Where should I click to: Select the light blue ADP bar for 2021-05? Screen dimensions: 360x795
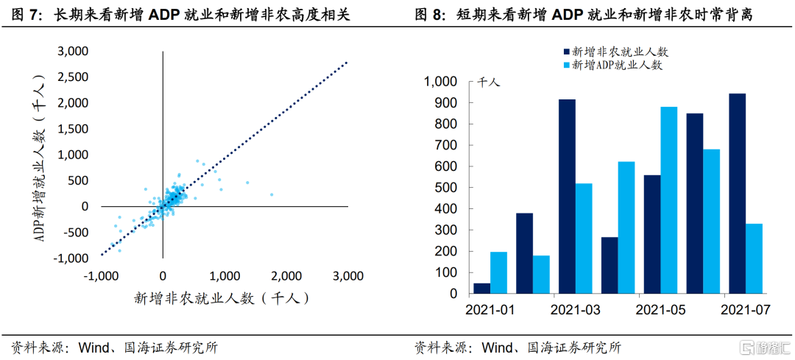click(669, 200)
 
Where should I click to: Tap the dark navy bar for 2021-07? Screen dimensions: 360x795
click(737, 194)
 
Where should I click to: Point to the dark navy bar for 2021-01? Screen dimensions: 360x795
click(481, 288)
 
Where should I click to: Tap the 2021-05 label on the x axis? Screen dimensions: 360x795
click(660, 309)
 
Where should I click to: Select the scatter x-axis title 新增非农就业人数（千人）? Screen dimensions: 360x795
click(221, 298)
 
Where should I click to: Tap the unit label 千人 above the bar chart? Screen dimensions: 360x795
click(490, 82)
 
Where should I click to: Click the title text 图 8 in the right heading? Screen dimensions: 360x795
click(431, 14)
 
